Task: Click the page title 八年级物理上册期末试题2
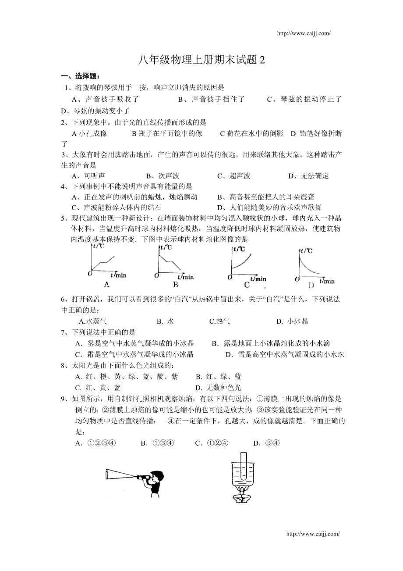(x=201, y=61)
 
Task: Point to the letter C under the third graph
(x=247, y=285)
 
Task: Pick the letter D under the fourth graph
(x=311, y=285)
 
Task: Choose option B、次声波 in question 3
(x=163, y=176)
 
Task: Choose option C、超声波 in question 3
(x=233, y=176)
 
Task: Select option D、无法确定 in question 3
(x=308, y=176)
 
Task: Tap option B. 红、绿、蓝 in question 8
(x=218, y=376)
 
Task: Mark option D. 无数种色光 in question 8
(x=218, y=387)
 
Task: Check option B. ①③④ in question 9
(x=157, y=443)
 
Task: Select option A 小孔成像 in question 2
(x=89, y=133)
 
